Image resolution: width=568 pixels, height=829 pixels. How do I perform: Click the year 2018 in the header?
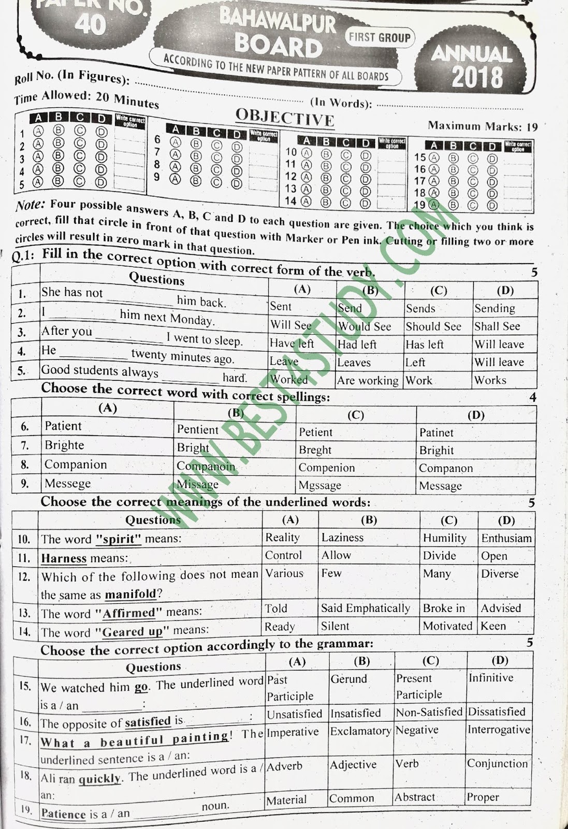pos(477,77)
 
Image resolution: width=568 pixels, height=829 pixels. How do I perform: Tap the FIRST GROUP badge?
pos(380,37)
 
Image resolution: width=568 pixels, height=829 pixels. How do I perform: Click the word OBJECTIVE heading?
pos(285,117)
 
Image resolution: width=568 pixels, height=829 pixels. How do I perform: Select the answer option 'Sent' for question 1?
pos(281,306)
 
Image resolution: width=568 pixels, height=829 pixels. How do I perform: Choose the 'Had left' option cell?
pos(357,345)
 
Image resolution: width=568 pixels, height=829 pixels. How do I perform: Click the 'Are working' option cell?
pos(368,381)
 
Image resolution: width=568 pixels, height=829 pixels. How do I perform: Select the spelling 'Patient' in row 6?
pos(63,426)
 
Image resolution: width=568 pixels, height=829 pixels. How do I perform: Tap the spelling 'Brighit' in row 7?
pos(436,450)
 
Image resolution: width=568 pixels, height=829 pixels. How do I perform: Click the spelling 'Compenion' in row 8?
pos(327,468)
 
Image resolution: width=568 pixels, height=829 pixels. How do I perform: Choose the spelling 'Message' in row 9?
pos(440,486)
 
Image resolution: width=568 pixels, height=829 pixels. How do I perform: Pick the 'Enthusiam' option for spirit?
pos(506,538)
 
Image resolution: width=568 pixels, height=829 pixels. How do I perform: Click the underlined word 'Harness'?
pos(64,559)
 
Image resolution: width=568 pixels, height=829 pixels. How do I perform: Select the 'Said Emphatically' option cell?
pos(366,608)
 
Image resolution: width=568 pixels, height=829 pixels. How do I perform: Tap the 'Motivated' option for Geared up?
pos(447,626)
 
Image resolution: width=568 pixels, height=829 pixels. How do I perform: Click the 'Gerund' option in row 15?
pos(348,679)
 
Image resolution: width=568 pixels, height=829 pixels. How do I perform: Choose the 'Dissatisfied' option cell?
pos(497,712)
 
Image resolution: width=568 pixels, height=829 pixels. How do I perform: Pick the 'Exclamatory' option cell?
pos(361,731)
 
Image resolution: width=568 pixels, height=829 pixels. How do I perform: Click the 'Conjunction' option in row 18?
pos(498,764)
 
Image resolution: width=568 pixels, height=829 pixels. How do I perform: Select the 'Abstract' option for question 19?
pos(415,797)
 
